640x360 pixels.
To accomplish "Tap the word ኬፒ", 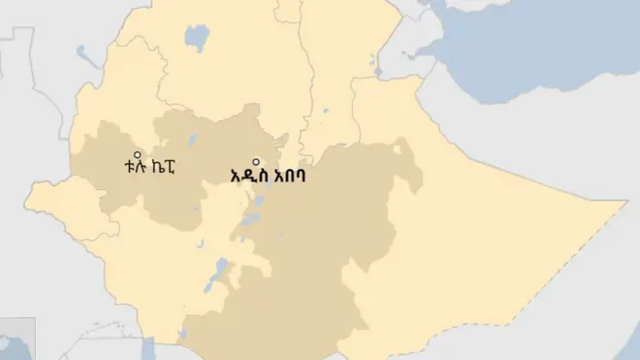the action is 165,166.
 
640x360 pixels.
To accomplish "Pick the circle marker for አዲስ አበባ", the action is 257,162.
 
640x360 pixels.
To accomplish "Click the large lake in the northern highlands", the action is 197,39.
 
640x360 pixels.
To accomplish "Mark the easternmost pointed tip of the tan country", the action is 625,203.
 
